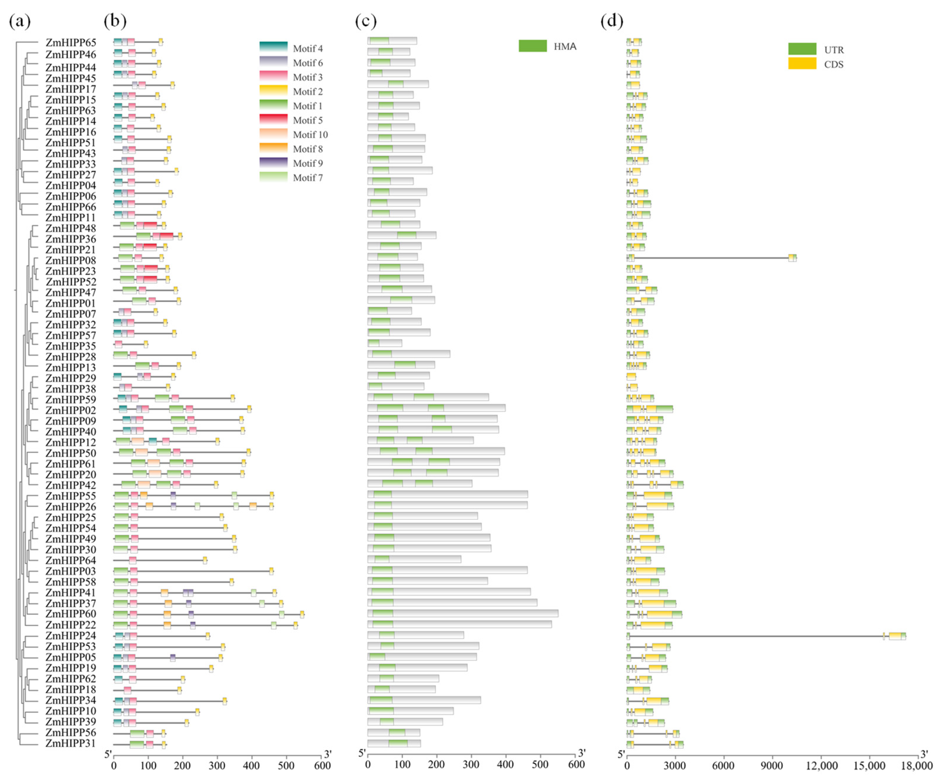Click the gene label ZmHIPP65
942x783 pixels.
coord(70,43)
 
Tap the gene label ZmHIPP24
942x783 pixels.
coord(70,635)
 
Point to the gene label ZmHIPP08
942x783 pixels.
coord(70,260)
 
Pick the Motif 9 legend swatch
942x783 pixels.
coord(273,162)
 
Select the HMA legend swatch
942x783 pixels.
coord(532,46)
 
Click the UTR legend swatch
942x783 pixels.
coord(802,49)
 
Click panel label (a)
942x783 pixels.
coord(20,21)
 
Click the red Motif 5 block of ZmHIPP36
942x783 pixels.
coord(166,236)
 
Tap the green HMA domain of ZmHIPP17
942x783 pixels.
coord(396,84)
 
